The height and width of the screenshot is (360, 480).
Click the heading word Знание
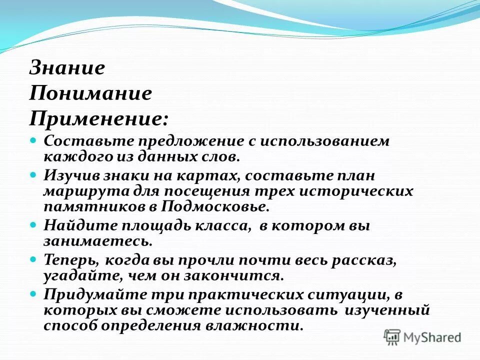pyautogui.click(x=67, y=68)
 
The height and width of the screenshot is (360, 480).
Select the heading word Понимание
pyautogui.click(x=90, y=93)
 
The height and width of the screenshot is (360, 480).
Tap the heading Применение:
pyautogui.click(x=98, y=118)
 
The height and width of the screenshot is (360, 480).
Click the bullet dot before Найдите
pyautogui.click(x=34, y=225)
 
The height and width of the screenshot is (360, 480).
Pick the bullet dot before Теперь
pyautogui.click(x=34, y=259)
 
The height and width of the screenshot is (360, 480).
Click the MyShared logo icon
pyautogui.click(x=393, y=337)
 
